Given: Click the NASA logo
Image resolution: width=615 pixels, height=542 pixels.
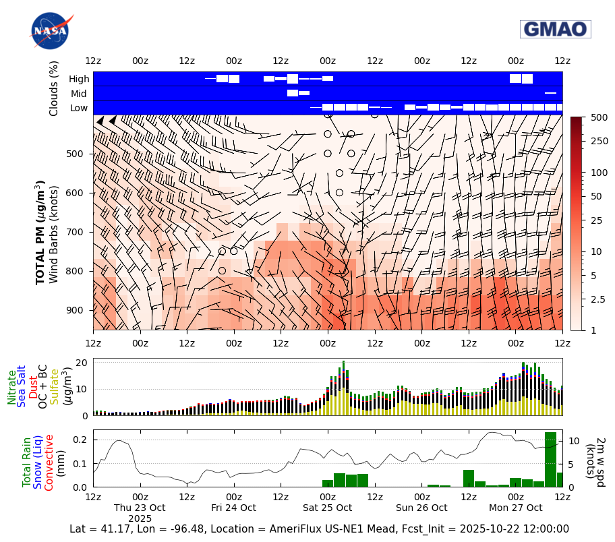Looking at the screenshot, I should point(49,30).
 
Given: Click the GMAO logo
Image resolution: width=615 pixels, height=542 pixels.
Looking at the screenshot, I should point(555,29).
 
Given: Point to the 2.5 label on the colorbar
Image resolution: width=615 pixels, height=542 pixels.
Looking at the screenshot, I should point(598,299).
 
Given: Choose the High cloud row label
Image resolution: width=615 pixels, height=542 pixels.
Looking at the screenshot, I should point(79,80).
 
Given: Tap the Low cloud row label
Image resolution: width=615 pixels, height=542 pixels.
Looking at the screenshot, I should point(79,108).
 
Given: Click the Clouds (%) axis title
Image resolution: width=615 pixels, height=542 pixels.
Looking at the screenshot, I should point(54,88).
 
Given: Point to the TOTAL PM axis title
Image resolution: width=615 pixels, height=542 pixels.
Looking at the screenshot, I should point(40,233).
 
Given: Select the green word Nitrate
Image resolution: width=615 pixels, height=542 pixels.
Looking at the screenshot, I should point(12,387).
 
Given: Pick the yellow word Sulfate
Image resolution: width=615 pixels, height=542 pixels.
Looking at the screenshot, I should point(54,387).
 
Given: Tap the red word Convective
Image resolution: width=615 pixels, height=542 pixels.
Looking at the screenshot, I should point(49,462).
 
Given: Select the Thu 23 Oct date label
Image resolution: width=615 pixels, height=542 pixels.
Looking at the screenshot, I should point(140,508).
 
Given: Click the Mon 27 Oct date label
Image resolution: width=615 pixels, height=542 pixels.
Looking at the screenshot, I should point(515,508).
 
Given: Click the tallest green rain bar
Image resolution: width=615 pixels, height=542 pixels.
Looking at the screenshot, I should point(550,459).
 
